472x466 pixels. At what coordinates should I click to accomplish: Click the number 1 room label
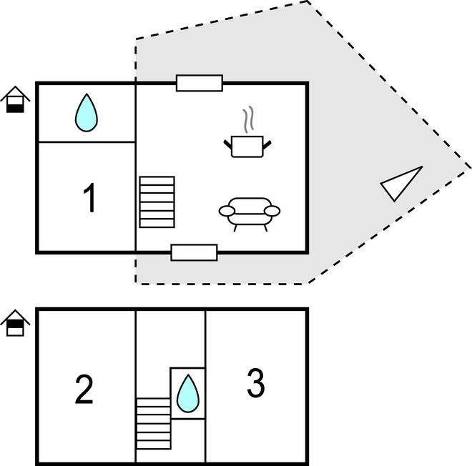89,198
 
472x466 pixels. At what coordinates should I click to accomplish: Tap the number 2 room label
84,389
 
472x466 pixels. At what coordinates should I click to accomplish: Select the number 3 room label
255,383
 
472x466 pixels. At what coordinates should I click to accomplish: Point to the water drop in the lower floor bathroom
187,393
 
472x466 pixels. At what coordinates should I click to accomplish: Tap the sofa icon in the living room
249,212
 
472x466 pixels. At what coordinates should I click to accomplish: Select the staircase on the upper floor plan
157,202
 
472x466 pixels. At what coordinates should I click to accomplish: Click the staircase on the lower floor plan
154,424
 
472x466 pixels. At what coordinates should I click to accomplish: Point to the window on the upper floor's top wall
200,84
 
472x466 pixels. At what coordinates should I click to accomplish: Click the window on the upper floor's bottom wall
194,252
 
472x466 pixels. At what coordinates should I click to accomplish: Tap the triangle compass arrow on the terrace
400,184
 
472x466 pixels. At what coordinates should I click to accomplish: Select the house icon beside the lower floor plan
14,323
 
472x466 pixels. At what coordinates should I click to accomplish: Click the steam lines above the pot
248,120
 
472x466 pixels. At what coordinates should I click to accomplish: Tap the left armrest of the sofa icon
227,211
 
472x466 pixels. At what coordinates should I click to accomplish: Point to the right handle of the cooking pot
267,146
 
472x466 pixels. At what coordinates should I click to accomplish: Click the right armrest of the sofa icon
272,210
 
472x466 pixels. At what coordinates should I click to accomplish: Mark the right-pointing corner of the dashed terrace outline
470,168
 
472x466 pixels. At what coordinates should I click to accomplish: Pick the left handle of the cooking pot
228,146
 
